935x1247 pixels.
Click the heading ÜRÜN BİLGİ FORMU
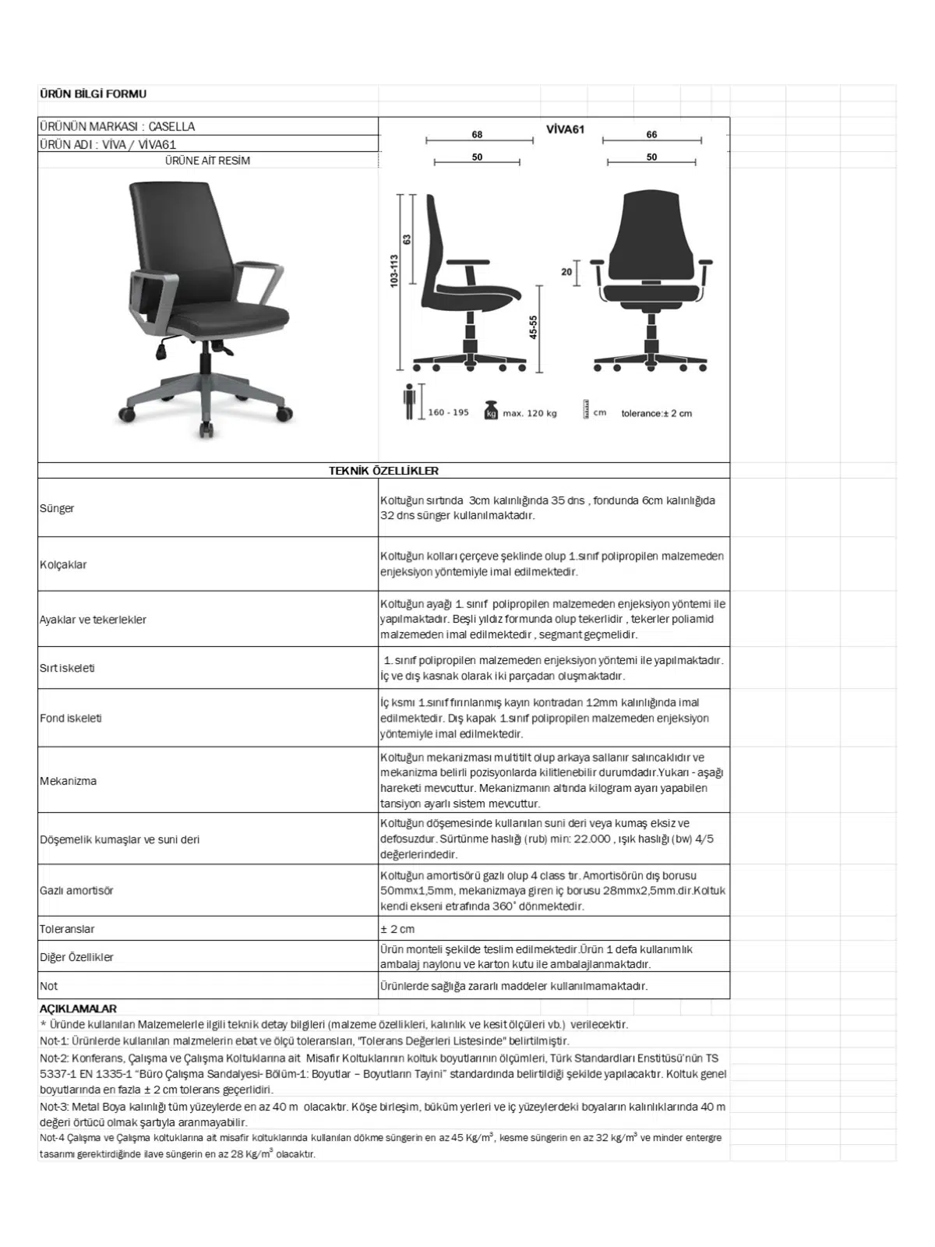pos(93,94)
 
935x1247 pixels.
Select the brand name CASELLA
pos(171,126)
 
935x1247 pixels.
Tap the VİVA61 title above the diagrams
pos(565,129)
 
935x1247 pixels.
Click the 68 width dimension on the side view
pos(477,135)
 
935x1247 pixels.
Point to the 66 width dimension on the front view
pos(651,135)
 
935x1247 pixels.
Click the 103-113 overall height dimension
pos(394,271)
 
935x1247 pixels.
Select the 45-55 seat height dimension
pos(534,327)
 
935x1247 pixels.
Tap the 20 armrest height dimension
pos(566,272)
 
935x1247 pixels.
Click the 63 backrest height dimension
pos(407,239)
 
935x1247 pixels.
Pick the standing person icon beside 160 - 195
pos(410,403)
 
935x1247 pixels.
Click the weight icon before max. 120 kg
pos(491,410)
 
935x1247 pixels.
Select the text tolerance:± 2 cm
pos(656,413)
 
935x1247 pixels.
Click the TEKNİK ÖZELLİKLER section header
pos(383,471)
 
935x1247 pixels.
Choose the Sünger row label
pos(57,508)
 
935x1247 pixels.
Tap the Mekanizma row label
pos(69,781)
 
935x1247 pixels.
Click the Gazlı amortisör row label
pos(76,890)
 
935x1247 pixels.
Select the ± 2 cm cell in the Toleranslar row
pos(397,929)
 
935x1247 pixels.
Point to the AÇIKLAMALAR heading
pos(78,1009)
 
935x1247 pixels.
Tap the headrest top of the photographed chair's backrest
pos(169,187)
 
